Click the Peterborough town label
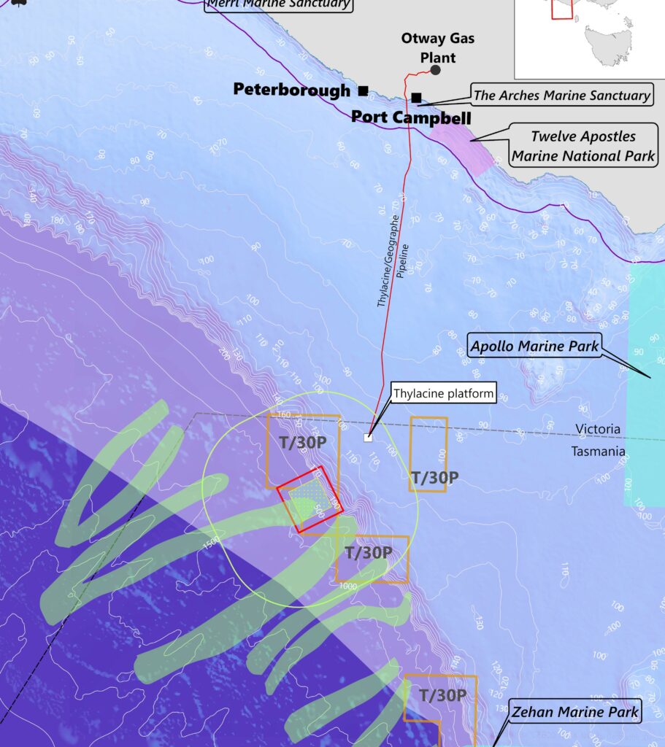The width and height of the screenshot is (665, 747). point(291,90)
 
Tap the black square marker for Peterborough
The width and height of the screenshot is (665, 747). point(363,90)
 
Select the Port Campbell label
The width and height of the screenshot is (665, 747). point(411,117)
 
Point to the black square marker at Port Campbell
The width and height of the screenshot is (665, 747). point(416,98)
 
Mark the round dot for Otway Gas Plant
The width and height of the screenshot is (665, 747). point(436,70)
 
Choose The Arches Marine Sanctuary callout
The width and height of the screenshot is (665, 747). point(561,95)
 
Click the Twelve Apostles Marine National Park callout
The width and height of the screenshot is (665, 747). point(583,146)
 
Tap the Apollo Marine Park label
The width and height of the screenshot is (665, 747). point(534,345)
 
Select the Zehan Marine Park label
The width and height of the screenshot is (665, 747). point(574,712)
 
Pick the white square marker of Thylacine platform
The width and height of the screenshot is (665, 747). point(368,438)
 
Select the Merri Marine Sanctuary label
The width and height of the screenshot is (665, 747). point(278,4)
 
